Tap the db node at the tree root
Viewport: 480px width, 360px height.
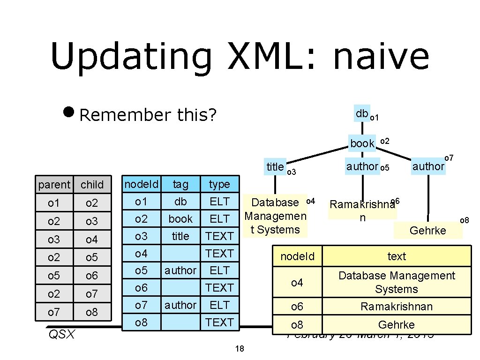pos(362,113)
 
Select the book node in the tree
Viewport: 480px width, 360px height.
pos(362,143)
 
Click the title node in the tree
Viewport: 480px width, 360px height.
pos(275,166)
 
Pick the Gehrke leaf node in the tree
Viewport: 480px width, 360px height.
pos(427,230)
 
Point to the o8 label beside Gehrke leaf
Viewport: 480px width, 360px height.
pos(464,220)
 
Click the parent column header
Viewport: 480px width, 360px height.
pos(54,185)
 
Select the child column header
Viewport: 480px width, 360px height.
pos(92,185)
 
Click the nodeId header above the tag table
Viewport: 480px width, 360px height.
pos(141,184)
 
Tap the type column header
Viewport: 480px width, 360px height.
pos(219,184)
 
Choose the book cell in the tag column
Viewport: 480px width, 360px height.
pos(180,219)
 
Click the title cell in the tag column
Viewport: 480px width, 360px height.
pos(180,236)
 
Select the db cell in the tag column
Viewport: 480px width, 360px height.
pos(180,202)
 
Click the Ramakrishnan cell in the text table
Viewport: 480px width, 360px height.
pos(397,307)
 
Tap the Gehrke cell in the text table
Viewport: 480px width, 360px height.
pos(397,324)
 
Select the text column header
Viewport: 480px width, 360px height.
pos(397,256)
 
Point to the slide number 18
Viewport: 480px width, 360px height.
pos(240,349)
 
